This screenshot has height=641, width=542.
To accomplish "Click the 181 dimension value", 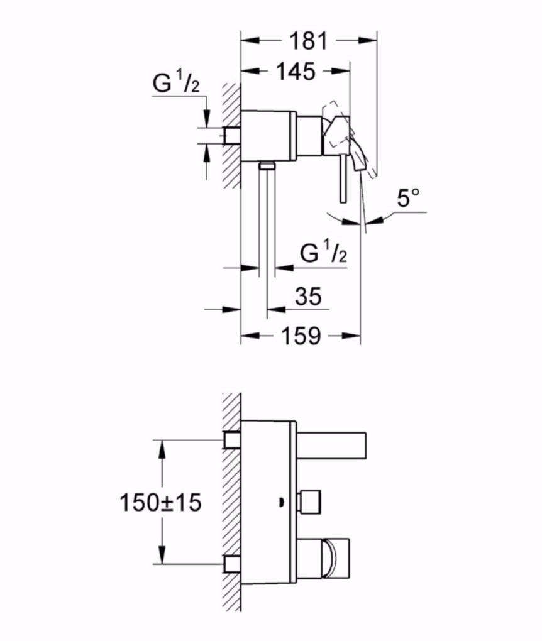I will tap(309, 41).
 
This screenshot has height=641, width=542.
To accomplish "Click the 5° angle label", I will tap(407, 200).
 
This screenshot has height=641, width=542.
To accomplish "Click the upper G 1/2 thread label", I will tap(175, 84).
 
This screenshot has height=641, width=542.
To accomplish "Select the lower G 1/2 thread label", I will tap(323, 254).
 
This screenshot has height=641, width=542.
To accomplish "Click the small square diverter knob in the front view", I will tap(311, 501).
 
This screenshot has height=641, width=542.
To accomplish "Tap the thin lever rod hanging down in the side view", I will tap(341, 179).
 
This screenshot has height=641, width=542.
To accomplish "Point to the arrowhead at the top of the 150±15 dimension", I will tap(162, 446).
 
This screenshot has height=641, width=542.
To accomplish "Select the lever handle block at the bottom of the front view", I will tap(330, 557).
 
